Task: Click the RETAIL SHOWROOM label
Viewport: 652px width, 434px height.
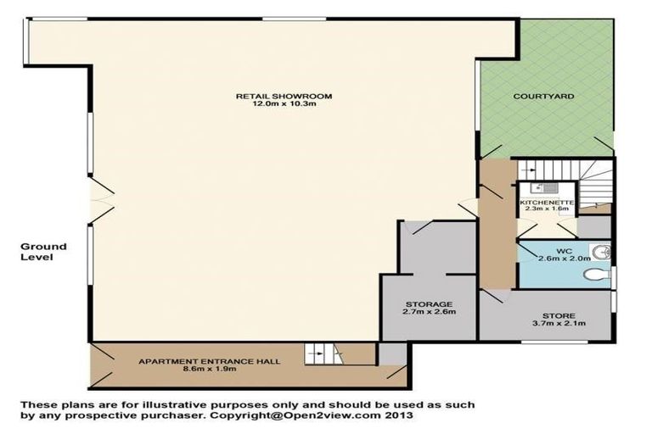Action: [284, 97]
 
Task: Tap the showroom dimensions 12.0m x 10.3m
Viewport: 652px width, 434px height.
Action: [284, 105]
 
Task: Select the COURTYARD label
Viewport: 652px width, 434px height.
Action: [543, 97]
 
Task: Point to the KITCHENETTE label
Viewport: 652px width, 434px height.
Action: [548, 203]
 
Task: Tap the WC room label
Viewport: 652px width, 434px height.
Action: [562, 251]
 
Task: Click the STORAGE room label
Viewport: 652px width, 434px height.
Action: [428, 303]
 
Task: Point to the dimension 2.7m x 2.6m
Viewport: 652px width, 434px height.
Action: [428, 312]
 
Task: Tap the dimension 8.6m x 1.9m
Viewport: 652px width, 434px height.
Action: [210, 370]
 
